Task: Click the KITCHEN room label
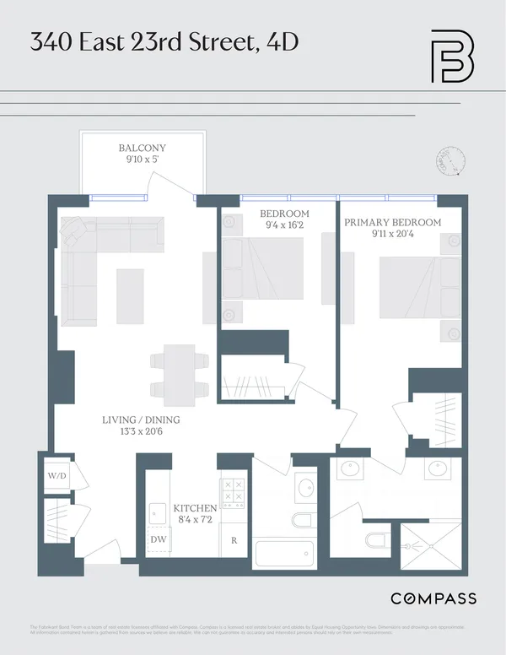(195, 508)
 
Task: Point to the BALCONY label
(142, 149)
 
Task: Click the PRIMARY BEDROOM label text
(392, 222)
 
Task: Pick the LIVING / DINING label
(141, 420)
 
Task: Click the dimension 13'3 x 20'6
(141, 432)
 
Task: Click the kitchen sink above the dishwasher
(158, 512)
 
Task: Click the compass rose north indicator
(450, 162)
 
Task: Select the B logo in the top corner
(452, 57)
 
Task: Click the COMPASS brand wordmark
(433, 598)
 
